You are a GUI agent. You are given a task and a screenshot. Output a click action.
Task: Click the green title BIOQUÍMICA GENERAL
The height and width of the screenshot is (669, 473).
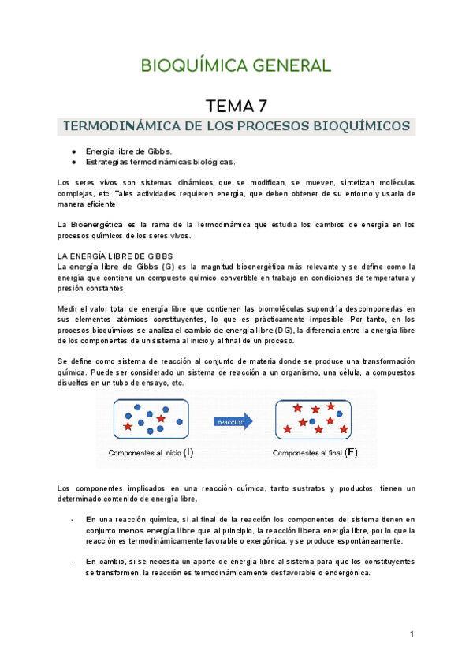pyautogui.click(x=236, y=65)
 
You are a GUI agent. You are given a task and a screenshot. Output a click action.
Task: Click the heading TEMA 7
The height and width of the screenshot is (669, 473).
pyautogui.click(x=237, y=106)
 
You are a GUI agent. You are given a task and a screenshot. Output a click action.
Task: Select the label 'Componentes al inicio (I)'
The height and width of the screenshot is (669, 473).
pyautogui.click(x=151, y=453)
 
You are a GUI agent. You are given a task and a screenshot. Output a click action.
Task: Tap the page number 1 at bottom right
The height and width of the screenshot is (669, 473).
pyautogui.click(x=412, y=634)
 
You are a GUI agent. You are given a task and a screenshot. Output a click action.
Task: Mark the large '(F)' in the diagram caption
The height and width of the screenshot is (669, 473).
pyautogui.click(x=351, y=453)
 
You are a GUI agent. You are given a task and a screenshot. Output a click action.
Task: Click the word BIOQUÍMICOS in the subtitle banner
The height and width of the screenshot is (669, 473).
pyautogui.click(x=362, y=126)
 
